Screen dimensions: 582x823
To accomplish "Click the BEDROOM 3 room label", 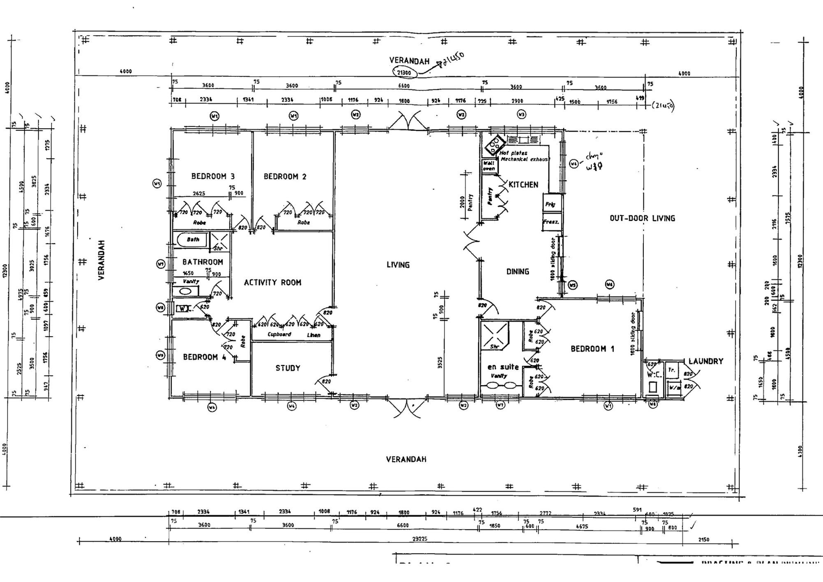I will tap(213, 176).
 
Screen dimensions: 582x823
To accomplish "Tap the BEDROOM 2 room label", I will tap(285, 177).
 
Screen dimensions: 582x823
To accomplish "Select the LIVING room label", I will tap(398, 265).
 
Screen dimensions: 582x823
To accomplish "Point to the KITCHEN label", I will tap(523, 185).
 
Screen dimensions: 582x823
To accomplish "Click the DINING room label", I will tap(517, 271).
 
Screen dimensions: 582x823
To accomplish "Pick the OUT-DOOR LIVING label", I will tap(642, 218).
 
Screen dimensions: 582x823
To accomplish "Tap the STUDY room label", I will tap(288, 368).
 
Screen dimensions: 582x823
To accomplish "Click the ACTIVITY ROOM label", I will tap(272, 283).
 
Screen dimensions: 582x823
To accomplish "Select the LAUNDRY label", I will tap(706, 362).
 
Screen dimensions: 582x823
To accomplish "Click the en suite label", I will tap(503, 367).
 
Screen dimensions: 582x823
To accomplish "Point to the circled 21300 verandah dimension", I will tap(404, 72).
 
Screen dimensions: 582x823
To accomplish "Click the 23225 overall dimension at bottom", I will tap(420, 539).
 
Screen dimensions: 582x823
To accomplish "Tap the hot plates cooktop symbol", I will tap(495, 145).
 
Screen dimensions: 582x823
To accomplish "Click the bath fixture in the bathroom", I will tap(192, 239).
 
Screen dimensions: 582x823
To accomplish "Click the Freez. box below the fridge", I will tap(551, 222).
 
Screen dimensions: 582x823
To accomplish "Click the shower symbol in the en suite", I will tap(494, 335).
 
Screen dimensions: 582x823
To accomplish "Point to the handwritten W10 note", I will tap(594, 166).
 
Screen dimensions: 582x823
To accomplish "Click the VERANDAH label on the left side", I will tap(102, 260).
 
